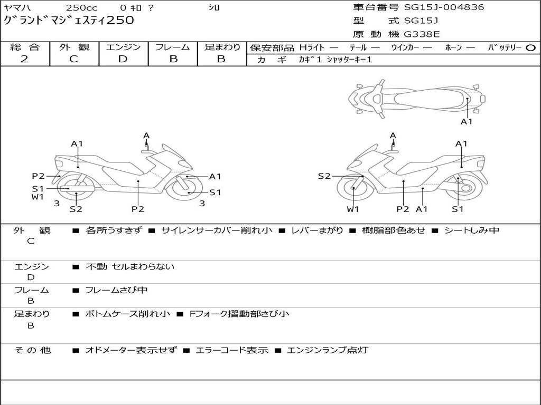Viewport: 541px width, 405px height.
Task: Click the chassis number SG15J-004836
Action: click(444, 7)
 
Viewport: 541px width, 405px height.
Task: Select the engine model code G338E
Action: click(422, 35)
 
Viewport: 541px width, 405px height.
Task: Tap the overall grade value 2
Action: click(24, 59)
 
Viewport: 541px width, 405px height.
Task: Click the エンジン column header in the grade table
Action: click(123, 47)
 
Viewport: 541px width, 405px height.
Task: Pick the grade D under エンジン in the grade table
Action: click(123, 59)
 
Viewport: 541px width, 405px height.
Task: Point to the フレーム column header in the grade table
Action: click(172, 47)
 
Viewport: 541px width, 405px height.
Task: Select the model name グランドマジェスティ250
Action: click(69, 21)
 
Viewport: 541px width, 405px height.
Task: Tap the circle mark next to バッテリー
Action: click(530, 48)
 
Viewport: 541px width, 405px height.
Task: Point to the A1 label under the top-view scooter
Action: click(467, 122)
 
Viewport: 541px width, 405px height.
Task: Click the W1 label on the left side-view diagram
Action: click(37, 197)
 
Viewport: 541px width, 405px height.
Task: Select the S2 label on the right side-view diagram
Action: click(324, 176)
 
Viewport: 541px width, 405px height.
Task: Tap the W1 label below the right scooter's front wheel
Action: click(353, 209)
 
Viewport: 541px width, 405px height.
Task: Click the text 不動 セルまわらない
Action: click(129, 267)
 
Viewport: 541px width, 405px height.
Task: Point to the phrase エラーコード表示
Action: click(231, 350)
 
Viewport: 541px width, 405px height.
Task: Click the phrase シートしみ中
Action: click(471, 230)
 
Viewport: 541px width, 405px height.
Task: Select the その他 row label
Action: click(32, 350)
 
